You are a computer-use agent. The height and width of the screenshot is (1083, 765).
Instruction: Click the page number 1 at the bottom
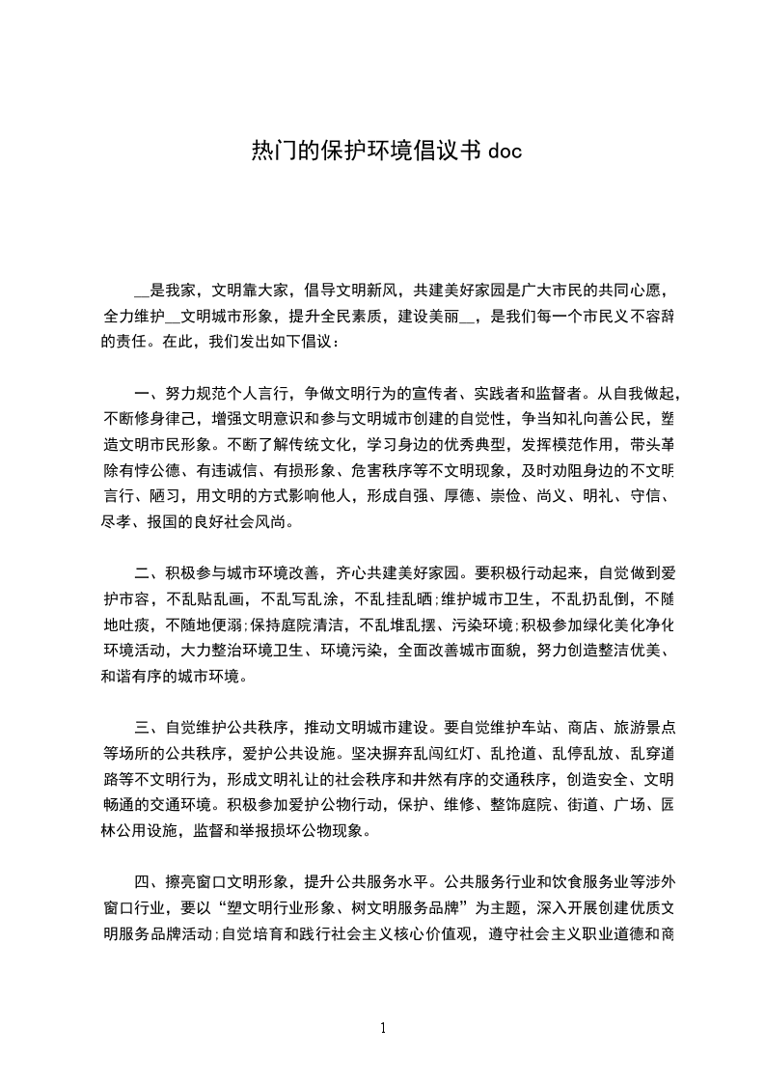coord(383,1028)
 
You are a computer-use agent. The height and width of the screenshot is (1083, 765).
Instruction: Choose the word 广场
coord(628,804)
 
